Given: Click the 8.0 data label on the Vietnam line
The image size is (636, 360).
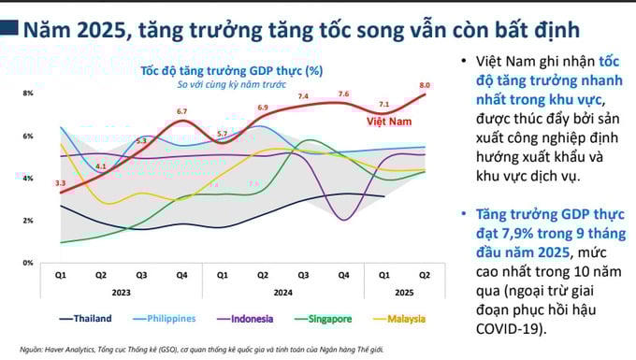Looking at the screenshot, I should [425, 85].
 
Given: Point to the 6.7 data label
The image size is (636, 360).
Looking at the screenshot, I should [181, 111].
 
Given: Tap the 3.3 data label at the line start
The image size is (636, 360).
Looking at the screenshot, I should [60, 183].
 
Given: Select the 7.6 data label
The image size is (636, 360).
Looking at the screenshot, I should [343, 94].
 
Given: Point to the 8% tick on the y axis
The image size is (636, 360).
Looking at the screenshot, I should [28, 94].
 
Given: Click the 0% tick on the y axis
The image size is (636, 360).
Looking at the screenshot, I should [28, 263].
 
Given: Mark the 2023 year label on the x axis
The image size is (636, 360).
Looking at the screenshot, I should [121, 292].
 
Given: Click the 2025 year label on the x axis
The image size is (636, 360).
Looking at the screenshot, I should [405, 292].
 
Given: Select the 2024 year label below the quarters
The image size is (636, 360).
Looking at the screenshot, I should [282, 292].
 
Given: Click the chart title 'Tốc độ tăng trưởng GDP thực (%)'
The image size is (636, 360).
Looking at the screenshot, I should [232, 70].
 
